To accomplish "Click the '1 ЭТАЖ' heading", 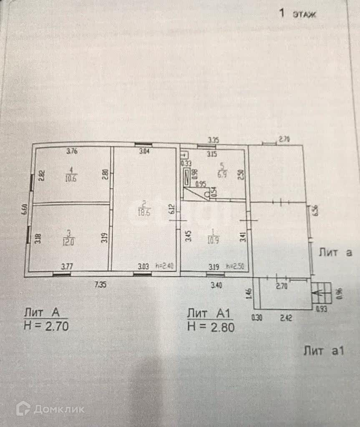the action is [x=297, y=14].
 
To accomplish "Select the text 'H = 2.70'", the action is [x=46, y=325].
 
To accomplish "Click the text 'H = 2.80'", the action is [x=211, y=327].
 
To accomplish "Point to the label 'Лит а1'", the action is [x=324, y=351].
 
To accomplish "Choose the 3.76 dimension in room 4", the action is [x=72, y=151].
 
